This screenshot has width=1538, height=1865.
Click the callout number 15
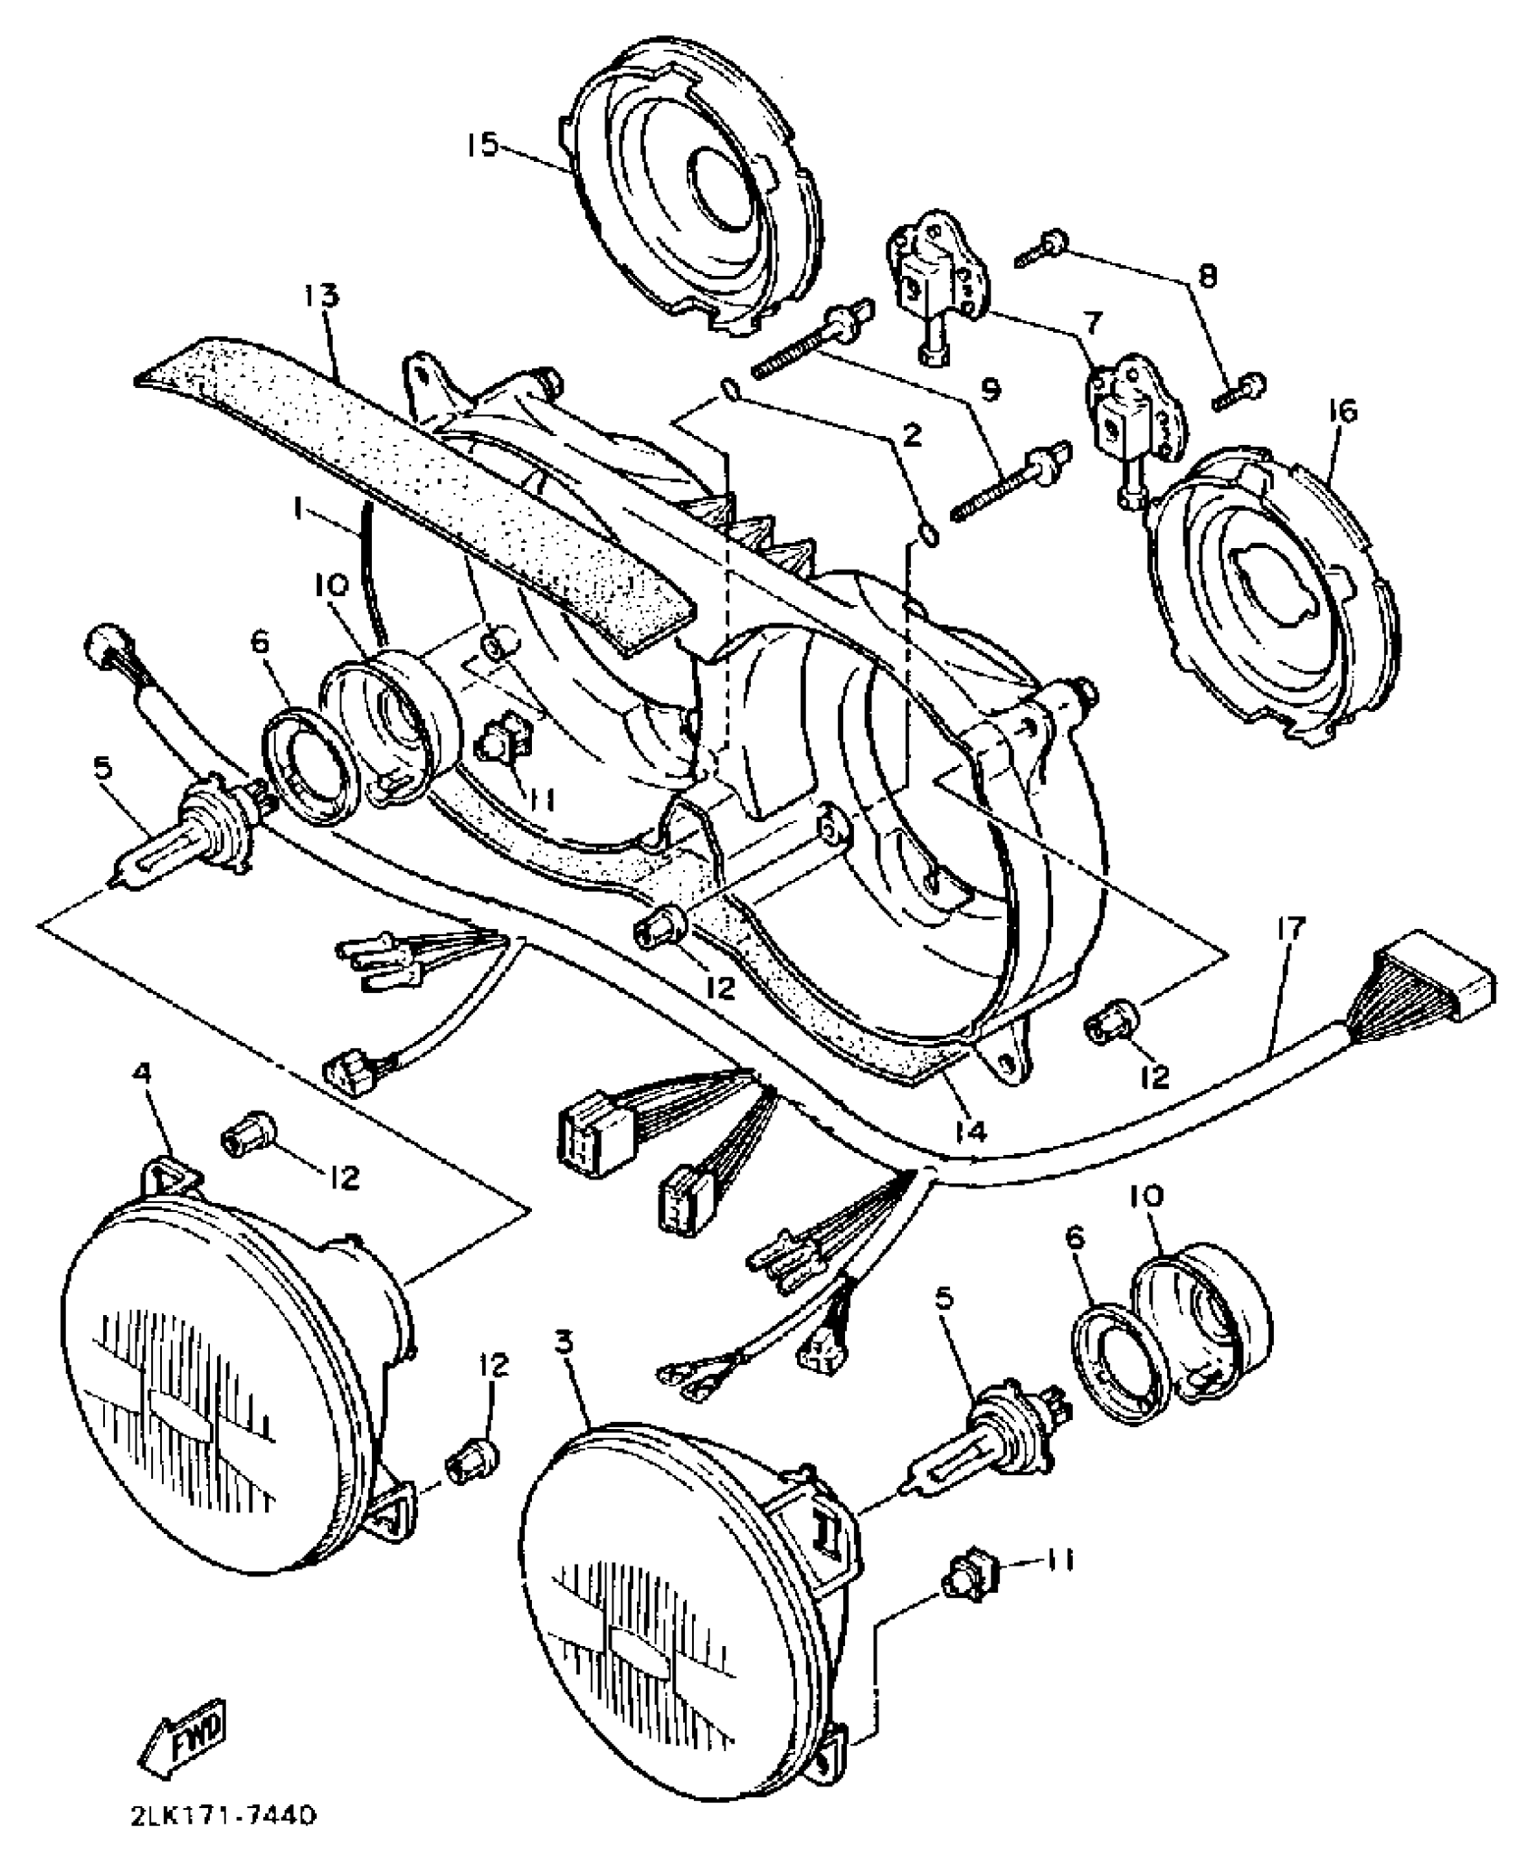point(483,145)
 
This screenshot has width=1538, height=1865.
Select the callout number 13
point(320,296)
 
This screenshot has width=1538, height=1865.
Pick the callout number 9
point(991,390)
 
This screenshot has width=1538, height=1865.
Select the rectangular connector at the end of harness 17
point(1438,983)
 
